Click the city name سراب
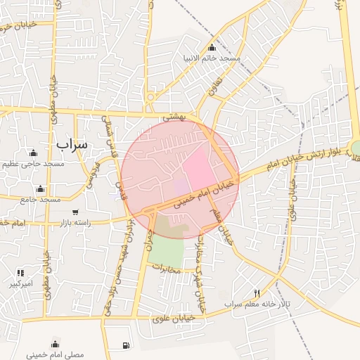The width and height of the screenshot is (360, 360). (71, 143)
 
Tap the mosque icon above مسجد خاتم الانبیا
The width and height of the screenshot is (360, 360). (212, 47)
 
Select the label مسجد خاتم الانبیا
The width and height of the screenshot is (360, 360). (212, 58)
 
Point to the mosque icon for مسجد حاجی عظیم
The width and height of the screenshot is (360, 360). (32, 153)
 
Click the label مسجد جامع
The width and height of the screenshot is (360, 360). (40, 200)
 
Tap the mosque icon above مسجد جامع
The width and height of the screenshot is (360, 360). (40, 189)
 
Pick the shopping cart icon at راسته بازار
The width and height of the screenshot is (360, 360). (75, 212)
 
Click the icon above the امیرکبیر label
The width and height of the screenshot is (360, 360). (20, 273)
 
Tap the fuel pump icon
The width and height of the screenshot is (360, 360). (126, 345)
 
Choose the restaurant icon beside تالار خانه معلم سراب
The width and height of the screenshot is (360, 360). (257, 293)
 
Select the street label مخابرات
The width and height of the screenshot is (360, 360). (167, 269)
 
